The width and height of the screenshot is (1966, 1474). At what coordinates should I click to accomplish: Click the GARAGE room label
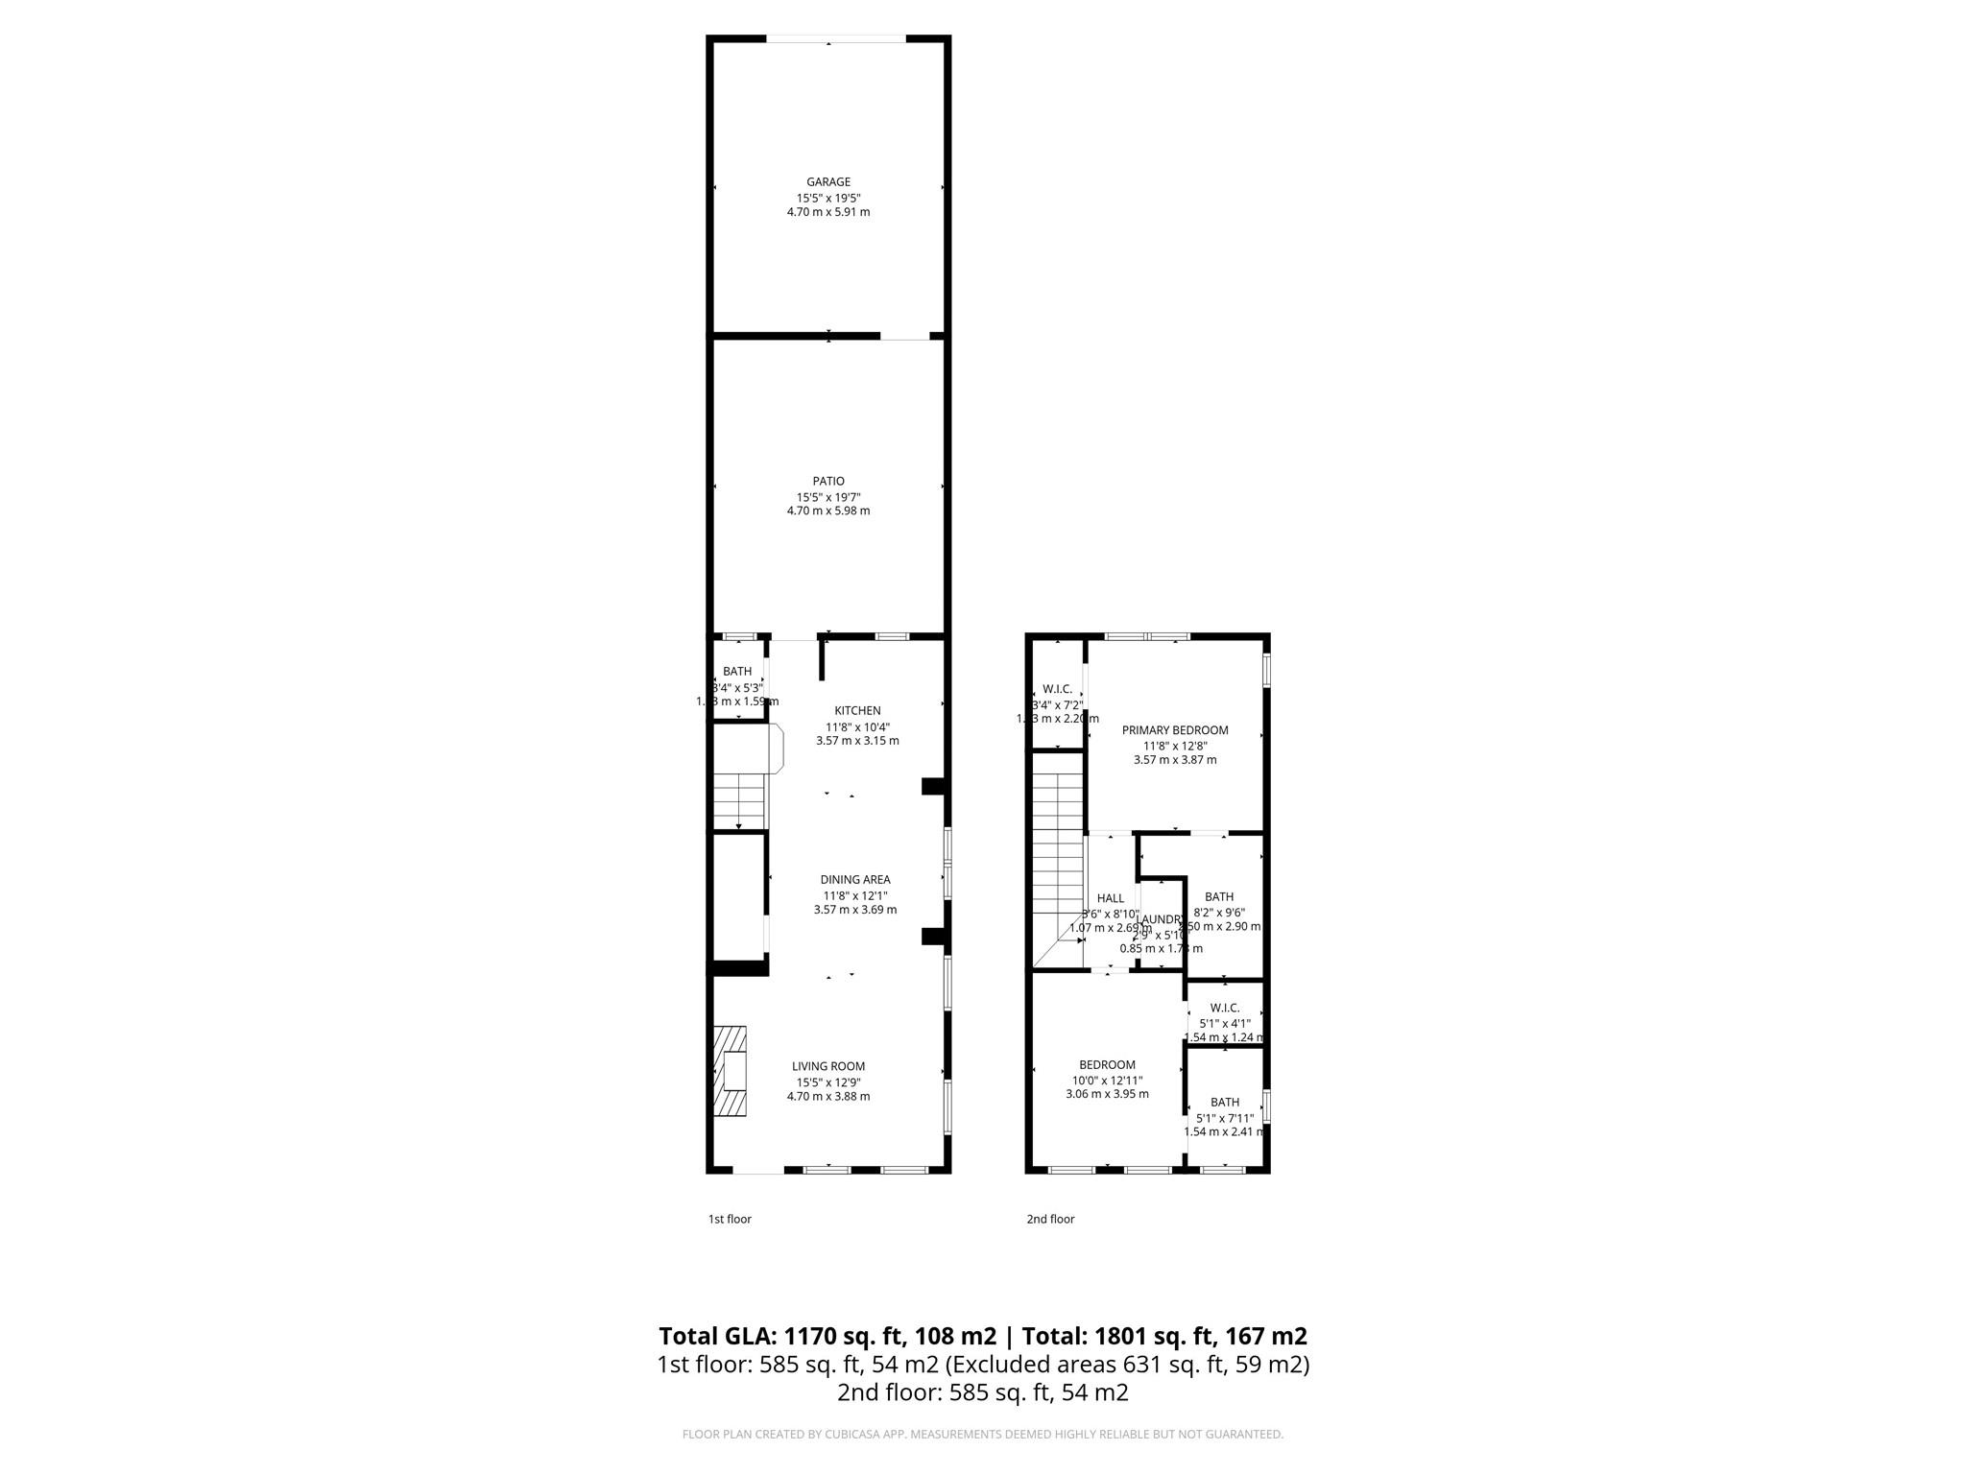[827, 182]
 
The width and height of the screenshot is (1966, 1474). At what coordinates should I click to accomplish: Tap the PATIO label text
[827, 482]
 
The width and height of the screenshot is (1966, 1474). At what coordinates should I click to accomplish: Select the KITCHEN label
[856, 711]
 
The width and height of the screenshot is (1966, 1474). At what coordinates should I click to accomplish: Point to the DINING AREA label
[854, 880]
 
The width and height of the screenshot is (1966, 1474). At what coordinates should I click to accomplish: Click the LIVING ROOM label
[827, 1066]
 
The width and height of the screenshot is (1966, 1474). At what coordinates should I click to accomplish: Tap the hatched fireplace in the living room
[730, 1071]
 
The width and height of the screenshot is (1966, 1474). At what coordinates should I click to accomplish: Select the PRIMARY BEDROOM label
[1174, 730]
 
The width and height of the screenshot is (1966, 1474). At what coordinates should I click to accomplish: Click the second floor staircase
[1057, 864]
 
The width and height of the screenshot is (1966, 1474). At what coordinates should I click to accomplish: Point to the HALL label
[1110, 899]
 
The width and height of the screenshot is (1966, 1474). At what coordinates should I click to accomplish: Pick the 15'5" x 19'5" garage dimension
[827, 198]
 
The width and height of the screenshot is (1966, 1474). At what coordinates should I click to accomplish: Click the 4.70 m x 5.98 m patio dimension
[827, 511]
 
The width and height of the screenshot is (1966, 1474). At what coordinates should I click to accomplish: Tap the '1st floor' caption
[730, 1219]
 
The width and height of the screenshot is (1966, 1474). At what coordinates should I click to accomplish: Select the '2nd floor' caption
[1050, 1219]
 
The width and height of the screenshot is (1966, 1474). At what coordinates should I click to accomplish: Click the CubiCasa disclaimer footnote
[982, 1435]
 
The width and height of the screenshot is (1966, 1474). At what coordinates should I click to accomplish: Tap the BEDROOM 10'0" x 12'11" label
[1107, 1065]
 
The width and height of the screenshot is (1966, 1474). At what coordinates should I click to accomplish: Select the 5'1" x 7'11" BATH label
[1224, 1103]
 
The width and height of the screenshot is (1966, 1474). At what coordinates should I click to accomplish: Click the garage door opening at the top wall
[835, 39]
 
